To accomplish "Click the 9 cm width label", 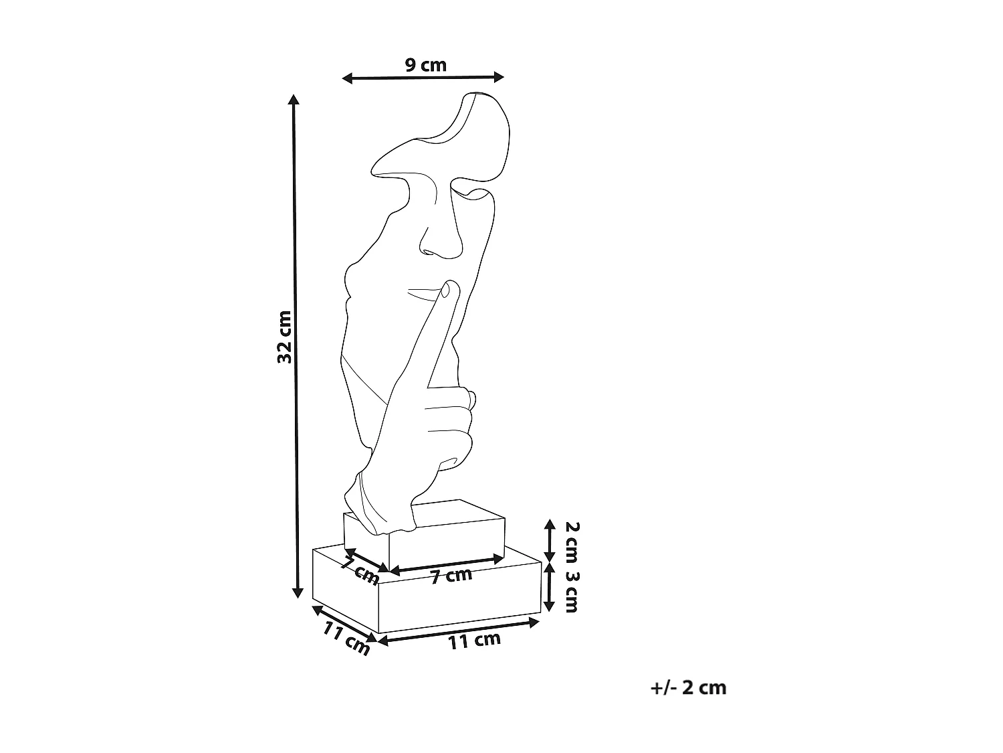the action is pyautogui.click(x=425, y=65).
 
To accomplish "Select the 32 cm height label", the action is pyautogui.click(x=285, y=337).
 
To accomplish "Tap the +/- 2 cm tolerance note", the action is pyautogui.click(x=688, y=687).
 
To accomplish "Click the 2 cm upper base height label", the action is pyautogui.click(x=572, y=541).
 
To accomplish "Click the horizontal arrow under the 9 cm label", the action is pyautogui.click(x=423, y=78).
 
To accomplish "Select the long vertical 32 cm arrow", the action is pyautogui.click(x=296, y=346).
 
